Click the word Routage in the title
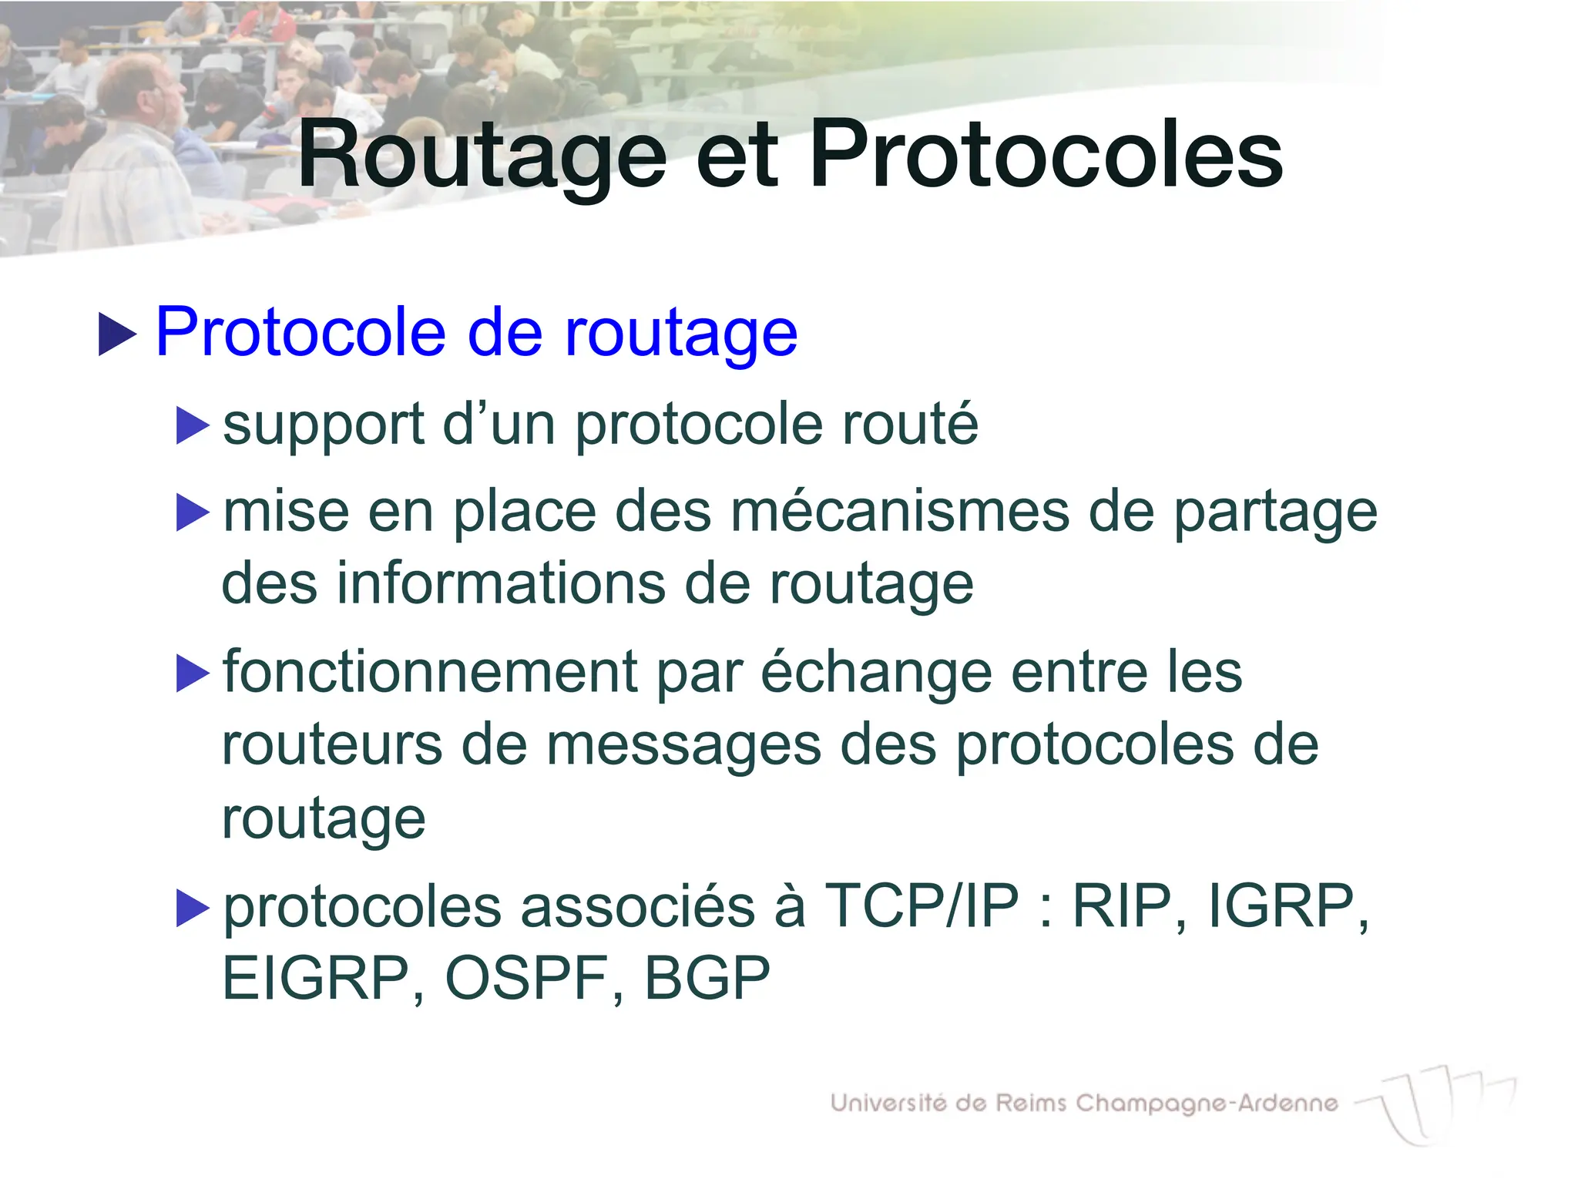click(x=482, y=156)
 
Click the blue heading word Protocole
click(x=300, y=332)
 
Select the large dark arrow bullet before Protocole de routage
click(x=117, y=334)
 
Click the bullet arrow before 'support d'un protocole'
click(x=193, y=425)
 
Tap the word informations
click(x=501, y=583)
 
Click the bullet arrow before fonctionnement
click(x=193, y=673)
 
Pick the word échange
click(x=876, y=673)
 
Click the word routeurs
click(x=331, y=745)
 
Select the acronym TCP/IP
click(x=922, y=905)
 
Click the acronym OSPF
click(x=527, y=978)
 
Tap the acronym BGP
click(x=707, y=978)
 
